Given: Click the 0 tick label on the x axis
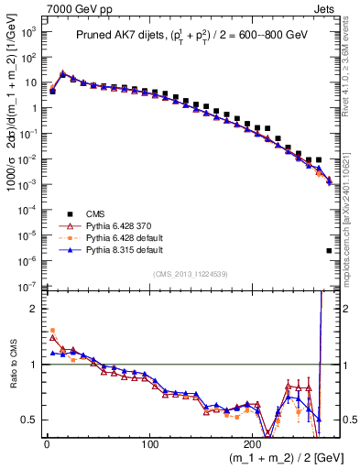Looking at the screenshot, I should [x=47, y=446].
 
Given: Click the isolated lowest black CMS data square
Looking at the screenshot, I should [x=329, y=250].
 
